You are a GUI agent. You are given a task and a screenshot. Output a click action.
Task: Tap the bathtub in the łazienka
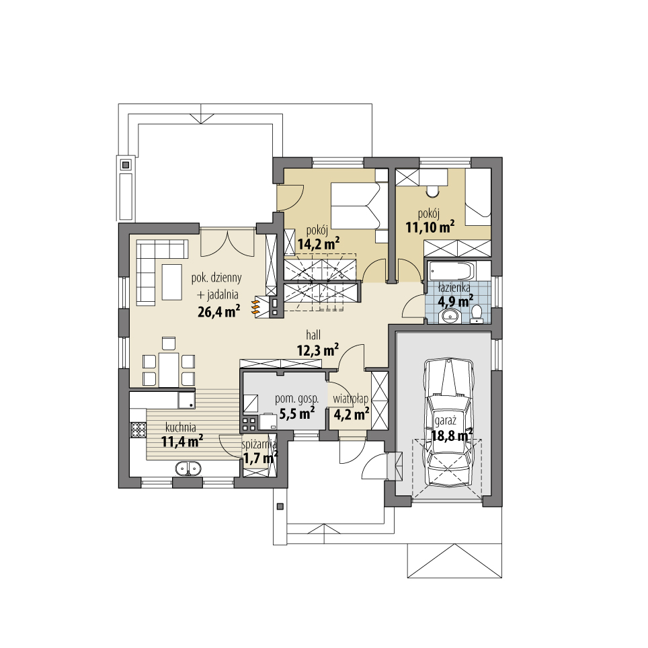click(x=451, y=272)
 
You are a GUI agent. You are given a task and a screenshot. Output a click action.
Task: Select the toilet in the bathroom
click(x=478, y=313)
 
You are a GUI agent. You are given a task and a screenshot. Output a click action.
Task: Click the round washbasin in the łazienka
click(x=450, y=316)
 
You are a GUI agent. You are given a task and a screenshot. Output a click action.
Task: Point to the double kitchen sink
click(x=188, y=468)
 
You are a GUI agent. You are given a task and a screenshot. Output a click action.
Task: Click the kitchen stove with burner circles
click(x=138, y=428)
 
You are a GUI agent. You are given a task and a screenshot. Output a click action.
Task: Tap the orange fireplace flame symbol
click(x=255, y=307)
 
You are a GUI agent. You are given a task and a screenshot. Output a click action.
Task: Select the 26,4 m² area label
click(x=219, y=311)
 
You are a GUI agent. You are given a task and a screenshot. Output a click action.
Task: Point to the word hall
click(x=313, y=334)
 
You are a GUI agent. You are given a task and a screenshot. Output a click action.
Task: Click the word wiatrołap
click(x=350, y=399)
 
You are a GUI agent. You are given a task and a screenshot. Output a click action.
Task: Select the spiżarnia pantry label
click(x=259, y=444)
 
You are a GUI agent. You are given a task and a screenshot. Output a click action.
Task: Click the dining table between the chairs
click(x=169, y=369)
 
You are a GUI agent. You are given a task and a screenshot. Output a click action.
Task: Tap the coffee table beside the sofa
click(x=171, y=281)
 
